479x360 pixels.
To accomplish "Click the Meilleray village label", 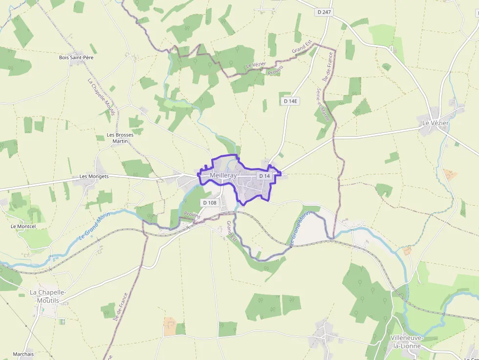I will pos(223,175).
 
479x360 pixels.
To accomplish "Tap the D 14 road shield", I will pos(264,175).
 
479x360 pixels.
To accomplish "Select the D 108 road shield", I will pos(209,203).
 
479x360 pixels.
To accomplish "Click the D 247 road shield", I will pos(324,12).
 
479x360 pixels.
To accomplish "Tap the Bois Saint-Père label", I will pos(76,58).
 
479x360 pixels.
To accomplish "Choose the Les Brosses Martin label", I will pos(120,138).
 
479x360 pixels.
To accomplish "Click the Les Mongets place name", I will pos(94,176).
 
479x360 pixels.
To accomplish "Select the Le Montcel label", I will pos(23,227).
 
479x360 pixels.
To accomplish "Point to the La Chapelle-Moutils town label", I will pos(47,296).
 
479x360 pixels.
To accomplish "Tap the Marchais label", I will pos(23,354).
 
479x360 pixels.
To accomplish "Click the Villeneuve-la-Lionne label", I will pos(407,342).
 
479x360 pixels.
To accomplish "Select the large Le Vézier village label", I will pos(435,123).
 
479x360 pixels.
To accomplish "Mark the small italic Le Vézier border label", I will pos(256,65).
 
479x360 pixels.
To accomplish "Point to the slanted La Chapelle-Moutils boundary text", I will pos(101,97).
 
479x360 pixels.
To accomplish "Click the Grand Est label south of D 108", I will pos(231,231).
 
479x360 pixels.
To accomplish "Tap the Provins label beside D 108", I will pos(193,216).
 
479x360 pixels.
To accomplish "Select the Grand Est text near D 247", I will pos(302,47).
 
